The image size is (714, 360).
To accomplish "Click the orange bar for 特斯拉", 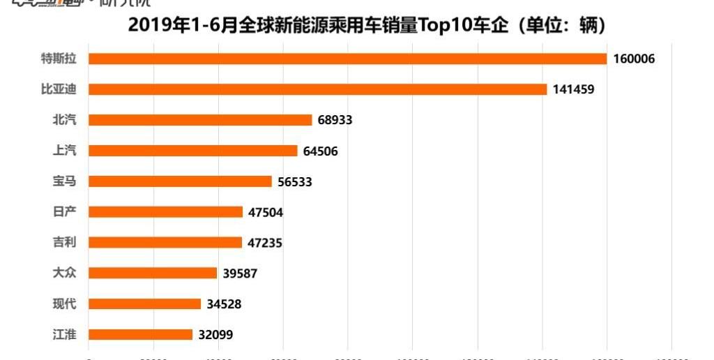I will click(x=347, y=59).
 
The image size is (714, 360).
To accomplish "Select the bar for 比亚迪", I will click(x=317, y=89).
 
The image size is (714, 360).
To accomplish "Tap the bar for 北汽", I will click(x=200, y=120).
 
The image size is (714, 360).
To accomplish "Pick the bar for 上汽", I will click(x=192, y=151).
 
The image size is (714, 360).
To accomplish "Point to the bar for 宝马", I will click(x=180, y=181).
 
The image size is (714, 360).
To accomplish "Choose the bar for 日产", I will click(x=165, y=212).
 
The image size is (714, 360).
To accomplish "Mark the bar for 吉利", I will click(x=165, y=243).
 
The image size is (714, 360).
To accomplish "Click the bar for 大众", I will click(x=152, y=273).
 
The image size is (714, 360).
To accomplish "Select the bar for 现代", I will click(x=144, y=304).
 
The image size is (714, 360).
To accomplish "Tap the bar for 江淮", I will click(x=140, y=335).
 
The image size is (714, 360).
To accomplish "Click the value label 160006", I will click(x=634, y=59).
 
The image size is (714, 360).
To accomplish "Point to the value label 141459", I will click(x=573, y=89).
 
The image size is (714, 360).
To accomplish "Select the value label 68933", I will click(x=335, y=120).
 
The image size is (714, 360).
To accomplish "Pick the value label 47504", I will click(x=266, y=212).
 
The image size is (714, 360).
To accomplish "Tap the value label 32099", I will click(x=215, y=335).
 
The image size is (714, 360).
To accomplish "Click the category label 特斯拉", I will click(x=59, y=59).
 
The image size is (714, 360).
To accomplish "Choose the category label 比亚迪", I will click(x=59, y=89).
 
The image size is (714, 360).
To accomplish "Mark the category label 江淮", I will click(x=65, y=335).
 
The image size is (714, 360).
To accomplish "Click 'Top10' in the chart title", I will click(x=444, y=26).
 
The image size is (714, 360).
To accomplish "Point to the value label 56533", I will click(x=294, y=181).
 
